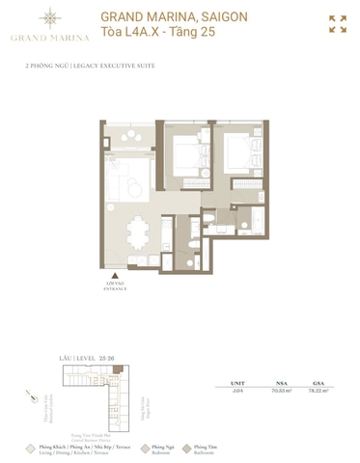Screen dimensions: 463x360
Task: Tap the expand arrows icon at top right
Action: point(337,24)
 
